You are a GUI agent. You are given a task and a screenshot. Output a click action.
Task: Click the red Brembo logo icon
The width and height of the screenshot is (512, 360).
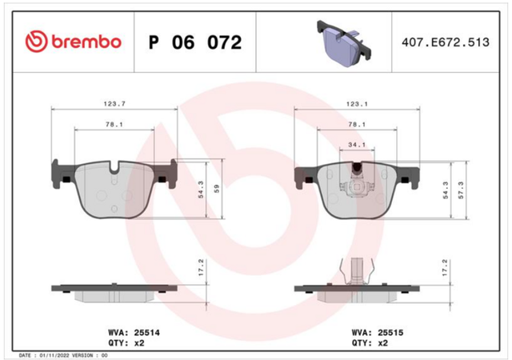coord(36,42)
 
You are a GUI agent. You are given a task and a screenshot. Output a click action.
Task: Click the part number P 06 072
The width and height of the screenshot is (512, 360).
coord(195,42)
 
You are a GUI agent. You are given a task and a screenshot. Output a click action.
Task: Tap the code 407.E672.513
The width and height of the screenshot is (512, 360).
coord(446,42)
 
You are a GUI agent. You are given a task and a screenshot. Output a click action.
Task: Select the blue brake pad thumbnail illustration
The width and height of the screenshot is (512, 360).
coord(344,43)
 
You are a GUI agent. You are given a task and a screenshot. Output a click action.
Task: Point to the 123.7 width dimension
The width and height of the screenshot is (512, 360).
coord(114,104)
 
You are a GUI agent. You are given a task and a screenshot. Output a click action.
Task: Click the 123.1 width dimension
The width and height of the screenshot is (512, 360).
coord(357,104)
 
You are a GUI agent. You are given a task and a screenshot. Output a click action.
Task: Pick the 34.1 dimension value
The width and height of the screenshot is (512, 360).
coord(357,145)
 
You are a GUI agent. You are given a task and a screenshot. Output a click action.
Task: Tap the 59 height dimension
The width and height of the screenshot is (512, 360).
coord(217,189)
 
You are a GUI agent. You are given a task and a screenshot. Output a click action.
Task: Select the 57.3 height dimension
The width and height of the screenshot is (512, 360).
coord(461,190)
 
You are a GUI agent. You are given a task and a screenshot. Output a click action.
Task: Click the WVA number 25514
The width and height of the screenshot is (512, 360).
coord(147,333)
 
